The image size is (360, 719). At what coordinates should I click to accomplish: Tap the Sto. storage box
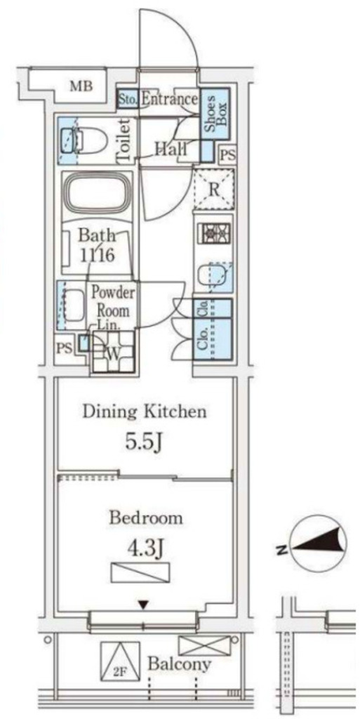[x=127, y=98]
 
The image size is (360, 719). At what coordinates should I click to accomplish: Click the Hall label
[x=171, y=148]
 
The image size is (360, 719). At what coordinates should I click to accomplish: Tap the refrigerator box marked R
[x=213, y=189]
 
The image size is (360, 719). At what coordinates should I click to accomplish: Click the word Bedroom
[x=146, y=519]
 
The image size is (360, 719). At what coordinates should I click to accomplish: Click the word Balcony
[x=180, y=664]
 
